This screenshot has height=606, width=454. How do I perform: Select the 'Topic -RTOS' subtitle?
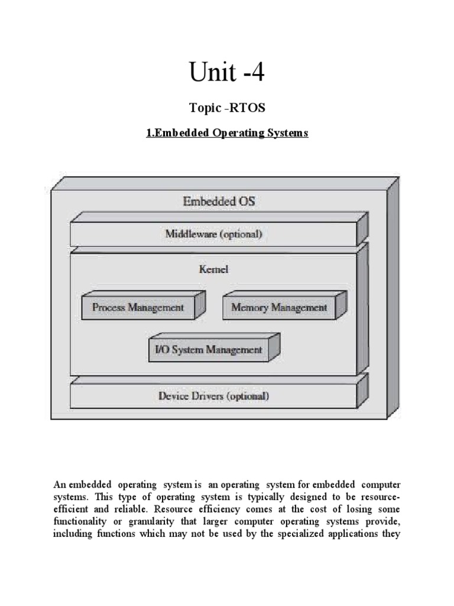[x=226, y=108]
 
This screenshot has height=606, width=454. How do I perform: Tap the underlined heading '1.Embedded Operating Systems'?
[x=227, y=134]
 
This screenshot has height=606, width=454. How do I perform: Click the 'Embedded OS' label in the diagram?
[x=219, y=202]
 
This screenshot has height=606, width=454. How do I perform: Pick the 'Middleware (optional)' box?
[x=213, y=234]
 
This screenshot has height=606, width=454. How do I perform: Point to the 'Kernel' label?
[x=213, y=269]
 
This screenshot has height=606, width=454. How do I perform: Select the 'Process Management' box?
[x=138, y=307]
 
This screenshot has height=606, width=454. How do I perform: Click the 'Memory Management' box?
[x=279, y=307]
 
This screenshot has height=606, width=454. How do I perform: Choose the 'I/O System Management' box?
[x=208, y=349]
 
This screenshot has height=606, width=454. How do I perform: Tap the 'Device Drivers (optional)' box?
[x=213, y=396]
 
